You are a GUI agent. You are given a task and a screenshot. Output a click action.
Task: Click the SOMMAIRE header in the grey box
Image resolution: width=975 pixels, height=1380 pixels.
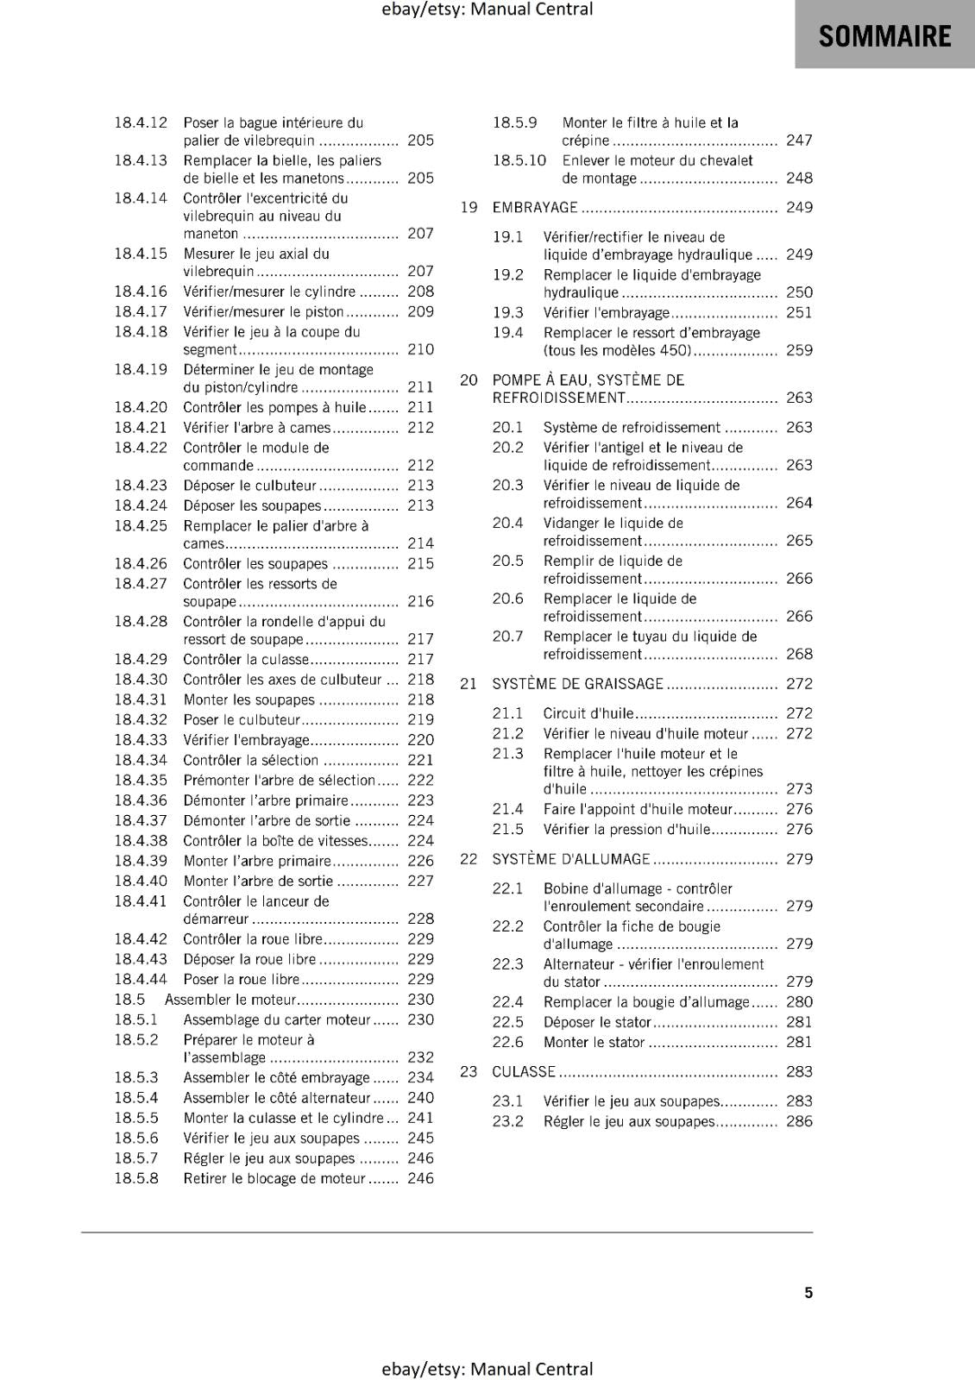coord(884,36)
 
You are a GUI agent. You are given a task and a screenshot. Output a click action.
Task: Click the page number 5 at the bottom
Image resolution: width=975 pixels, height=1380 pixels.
coord(808,1292)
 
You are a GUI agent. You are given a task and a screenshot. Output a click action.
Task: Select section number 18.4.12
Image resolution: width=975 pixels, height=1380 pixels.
coord(141,122)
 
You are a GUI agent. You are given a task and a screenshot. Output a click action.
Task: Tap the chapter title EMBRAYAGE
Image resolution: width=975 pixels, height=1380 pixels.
coord(535,208)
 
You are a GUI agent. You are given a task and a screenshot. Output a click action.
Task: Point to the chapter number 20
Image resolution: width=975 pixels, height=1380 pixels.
coord(469,380)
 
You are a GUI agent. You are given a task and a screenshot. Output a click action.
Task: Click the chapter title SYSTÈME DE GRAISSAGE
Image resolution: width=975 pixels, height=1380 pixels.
coord(577,684)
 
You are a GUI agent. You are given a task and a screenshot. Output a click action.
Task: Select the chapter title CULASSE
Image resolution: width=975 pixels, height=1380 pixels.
coord(524,1072)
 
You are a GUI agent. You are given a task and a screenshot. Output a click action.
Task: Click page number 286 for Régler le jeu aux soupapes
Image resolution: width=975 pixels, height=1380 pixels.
coord(799,1121)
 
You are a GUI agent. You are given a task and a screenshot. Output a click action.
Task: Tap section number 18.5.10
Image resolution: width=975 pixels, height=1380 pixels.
coord(519,160)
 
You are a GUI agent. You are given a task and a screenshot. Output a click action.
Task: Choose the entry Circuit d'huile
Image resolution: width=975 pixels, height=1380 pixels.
coord(588,713)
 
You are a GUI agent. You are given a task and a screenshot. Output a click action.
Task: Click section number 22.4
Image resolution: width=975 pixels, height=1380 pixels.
coord(508,1002)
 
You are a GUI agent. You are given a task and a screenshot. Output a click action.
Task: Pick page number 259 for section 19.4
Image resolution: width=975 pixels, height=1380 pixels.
coord(799,350)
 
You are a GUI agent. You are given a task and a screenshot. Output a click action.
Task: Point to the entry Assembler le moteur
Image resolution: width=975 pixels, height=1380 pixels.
coord(230,1000)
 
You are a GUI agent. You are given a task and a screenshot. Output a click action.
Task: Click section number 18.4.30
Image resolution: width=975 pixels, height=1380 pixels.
coord(141,680)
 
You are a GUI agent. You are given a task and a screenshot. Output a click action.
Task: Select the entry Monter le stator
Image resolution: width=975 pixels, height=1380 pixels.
coord(594,1042)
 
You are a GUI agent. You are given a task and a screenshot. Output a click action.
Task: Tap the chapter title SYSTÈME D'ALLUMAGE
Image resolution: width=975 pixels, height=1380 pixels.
coord(571,859)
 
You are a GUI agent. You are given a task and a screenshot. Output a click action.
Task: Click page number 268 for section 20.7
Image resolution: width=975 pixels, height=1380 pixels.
coord(799,654)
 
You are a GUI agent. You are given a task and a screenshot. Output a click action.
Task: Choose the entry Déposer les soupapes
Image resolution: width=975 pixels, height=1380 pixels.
coord(252,505)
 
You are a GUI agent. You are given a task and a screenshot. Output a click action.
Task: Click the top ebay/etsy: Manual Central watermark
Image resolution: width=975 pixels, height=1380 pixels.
coord(487,9)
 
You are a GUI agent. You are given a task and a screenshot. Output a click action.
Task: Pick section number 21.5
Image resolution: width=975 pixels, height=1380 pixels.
coord(508,830)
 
